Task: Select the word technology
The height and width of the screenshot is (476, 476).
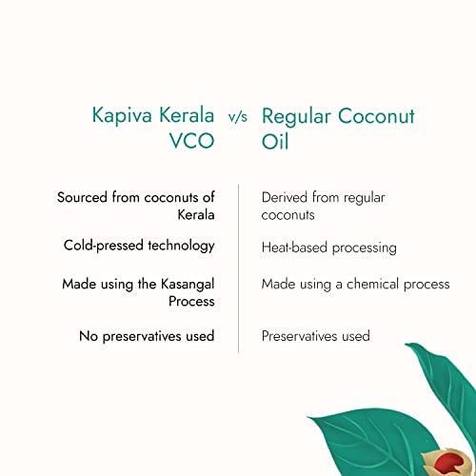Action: pos(180,246)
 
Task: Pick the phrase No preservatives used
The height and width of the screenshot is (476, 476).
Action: pos(138,335)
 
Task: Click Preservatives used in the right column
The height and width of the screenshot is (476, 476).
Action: pos(315,336)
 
